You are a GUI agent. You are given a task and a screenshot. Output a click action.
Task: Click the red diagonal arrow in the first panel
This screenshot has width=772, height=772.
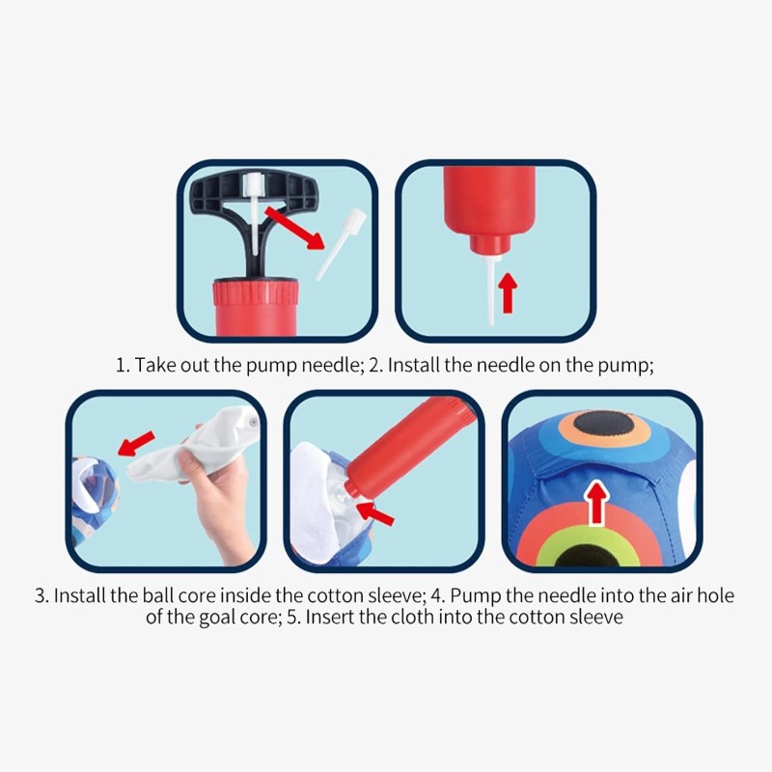[x=294, y=228]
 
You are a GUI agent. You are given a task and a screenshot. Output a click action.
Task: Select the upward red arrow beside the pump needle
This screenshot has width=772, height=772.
[x=508, y=293]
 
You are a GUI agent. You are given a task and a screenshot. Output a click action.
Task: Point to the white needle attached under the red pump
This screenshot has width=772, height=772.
[x=491, y=289]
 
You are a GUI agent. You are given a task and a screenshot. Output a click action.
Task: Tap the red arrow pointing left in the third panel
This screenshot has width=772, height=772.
[x=136, y=443]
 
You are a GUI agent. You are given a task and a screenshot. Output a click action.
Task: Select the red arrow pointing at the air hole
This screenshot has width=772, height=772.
[x=375, y=513]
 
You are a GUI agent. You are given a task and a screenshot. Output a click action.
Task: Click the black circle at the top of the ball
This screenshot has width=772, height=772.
[x=604, y=424]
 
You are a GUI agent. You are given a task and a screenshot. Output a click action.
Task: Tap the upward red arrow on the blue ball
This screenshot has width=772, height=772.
[x=597, y=502]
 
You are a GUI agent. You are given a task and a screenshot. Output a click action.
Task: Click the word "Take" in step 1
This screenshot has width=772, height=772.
[x=155, y=366]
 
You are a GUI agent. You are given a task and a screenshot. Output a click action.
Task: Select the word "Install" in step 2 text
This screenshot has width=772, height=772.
[x=414, y=366]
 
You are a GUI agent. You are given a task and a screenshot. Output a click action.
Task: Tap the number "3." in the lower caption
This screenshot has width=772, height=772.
[x=42, y=595]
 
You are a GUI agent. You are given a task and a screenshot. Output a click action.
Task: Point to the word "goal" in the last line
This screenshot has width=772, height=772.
[x=215, y=618]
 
